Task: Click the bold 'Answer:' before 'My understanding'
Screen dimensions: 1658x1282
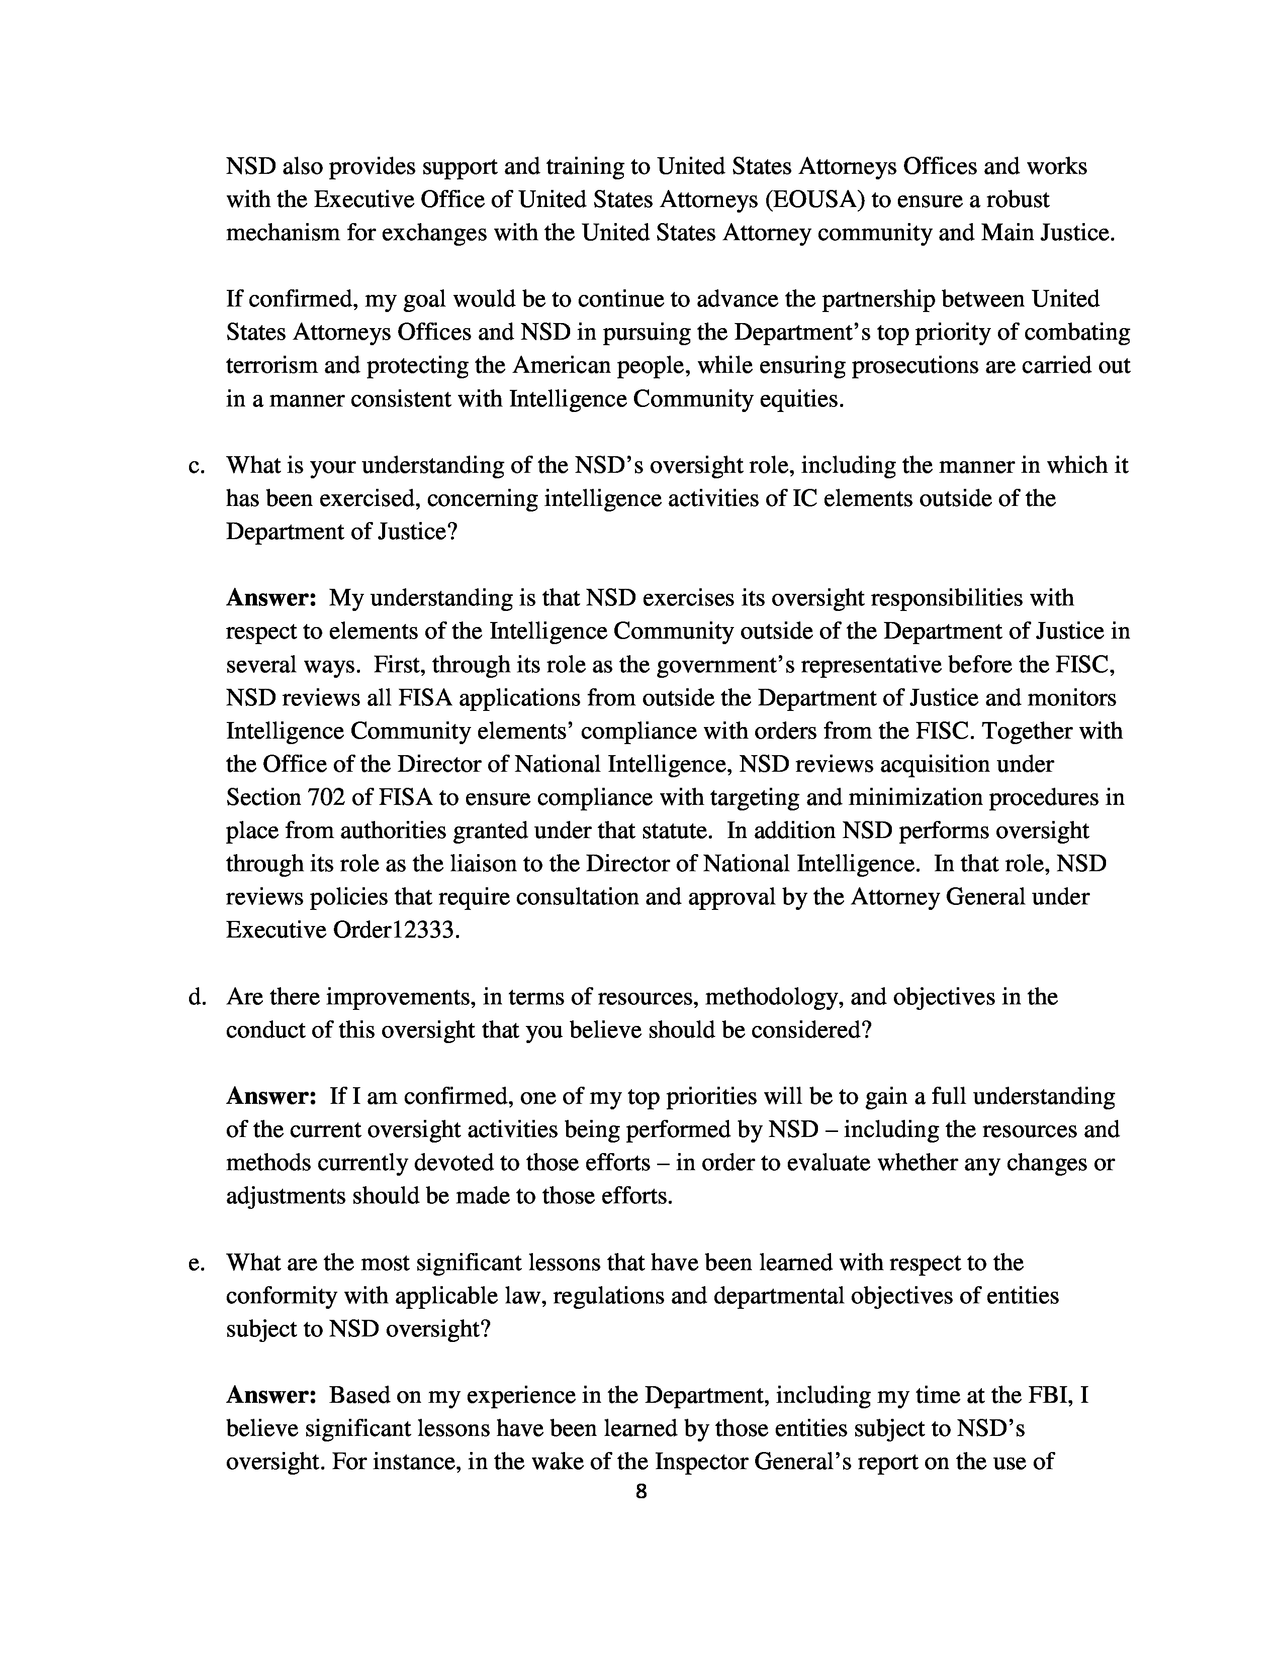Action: pos(271,598)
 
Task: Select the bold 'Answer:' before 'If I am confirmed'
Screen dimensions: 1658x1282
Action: pos(271,1096)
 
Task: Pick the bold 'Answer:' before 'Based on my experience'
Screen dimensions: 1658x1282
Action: pos(271,1395)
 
